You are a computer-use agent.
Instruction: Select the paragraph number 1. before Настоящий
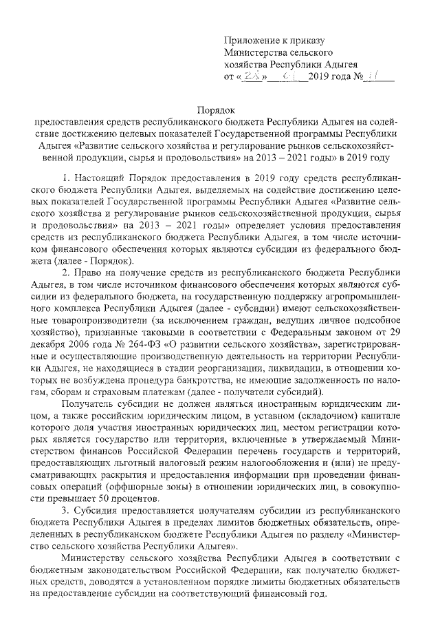pos(67,178)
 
